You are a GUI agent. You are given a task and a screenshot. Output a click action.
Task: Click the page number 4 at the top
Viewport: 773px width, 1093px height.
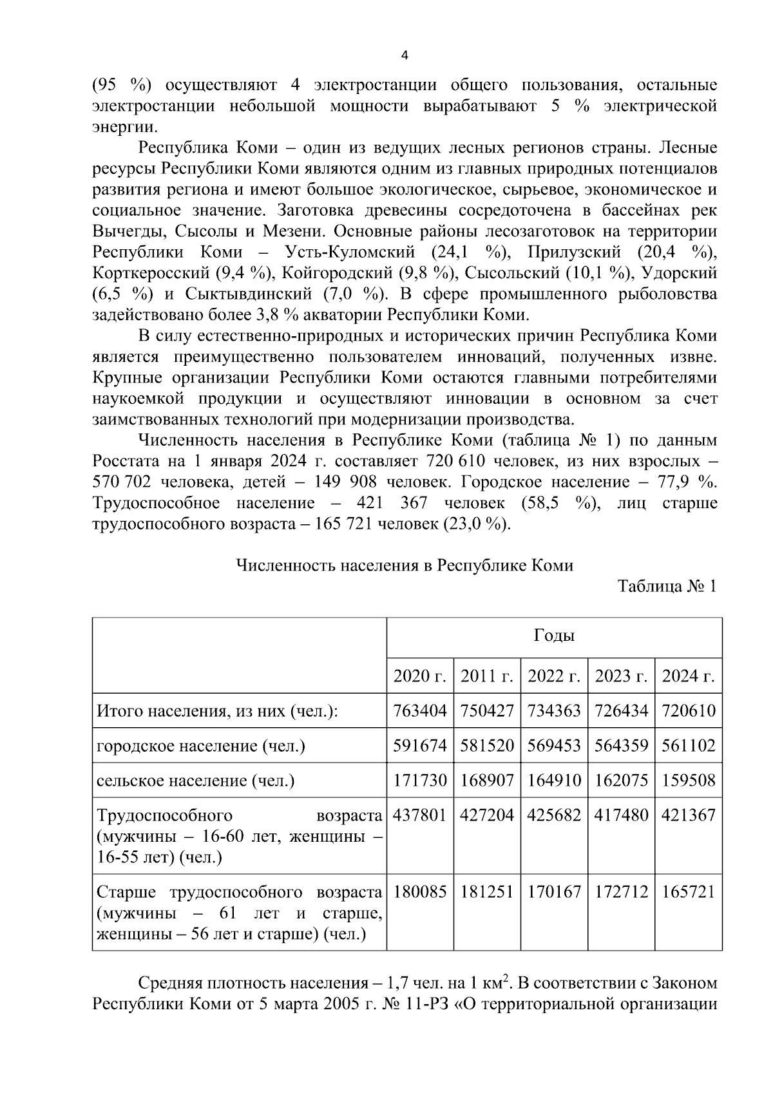pyautogui.click(x=404, y=55)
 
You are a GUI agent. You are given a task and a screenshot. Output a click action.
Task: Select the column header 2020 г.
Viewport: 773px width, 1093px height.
pyautogui.click(x=419, y=676)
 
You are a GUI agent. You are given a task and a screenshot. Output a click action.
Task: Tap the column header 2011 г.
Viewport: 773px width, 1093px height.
pyautogui.click(x=487, y=676)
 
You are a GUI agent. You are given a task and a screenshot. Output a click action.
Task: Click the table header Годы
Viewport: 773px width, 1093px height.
pyautogui.click(x=554, y=636)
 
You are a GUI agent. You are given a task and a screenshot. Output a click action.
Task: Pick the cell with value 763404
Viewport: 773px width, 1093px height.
pyautogui.click(x=419, y=711)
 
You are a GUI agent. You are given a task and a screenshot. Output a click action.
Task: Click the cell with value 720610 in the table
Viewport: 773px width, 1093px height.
pyautogui.click(x=689, y=711)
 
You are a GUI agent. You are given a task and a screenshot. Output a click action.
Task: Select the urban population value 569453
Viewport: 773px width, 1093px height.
pyautogui.click(x=554, y=746)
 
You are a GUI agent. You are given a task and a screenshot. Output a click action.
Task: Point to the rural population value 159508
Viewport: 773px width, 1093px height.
pyautogui.click(x=689, y=781)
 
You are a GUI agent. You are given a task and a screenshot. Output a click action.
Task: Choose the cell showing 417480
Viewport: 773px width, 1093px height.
pyautogui.click(x=621, y=815)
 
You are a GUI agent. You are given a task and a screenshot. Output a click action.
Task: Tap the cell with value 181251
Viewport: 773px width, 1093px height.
pyautogui.click(x=487, y=893)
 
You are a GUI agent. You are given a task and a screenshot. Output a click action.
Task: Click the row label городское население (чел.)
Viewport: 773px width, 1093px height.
pyautogui.click(x=201, y=746)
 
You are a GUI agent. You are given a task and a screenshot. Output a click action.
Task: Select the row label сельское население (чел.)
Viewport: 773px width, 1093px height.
pyautogui.click(x=195, y=781)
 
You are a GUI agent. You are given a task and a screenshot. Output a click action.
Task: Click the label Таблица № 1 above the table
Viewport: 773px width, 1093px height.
pyautogui.click(x=667, y=587)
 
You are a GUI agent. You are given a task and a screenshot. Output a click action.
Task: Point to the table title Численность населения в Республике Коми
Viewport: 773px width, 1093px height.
pyautogui.click(x=405, y=566)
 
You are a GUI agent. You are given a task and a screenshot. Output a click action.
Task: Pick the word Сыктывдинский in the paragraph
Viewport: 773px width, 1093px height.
pyautogui.click(x=247, y=294)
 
